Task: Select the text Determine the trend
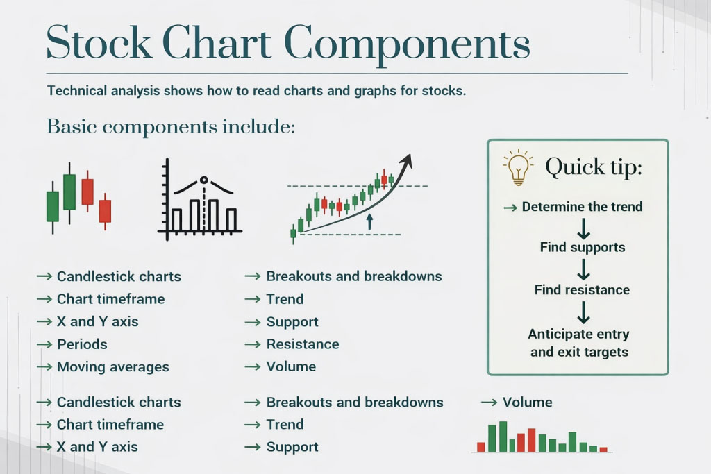click(x=582, y=207)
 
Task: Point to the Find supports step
click(x=583, y=248)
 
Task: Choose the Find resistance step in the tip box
click(x=582, y=290)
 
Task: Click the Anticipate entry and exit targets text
click(x=578, y=343)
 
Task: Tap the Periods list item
click(x=82, y=344)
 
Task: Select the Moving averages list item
click(x=112, y=367)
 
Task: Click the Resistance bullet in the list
click(x=302, y=344)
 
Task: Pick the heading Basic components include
click(x=171, y=127)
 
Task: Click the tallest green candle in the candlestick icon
click(x=69, y=192)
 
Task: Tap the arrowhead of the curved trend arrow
click(x=407, y=161)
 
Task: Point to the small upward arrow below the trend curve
click(x=369, y=221)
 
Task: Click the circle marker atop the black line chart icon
click(x=204, y=180)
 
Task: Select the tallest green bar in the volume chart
click(x=503, y=437)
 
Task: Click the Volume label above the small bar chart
click(x=527, y=403)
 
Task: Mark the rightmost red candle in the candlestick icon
click(x=105, y=210)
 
